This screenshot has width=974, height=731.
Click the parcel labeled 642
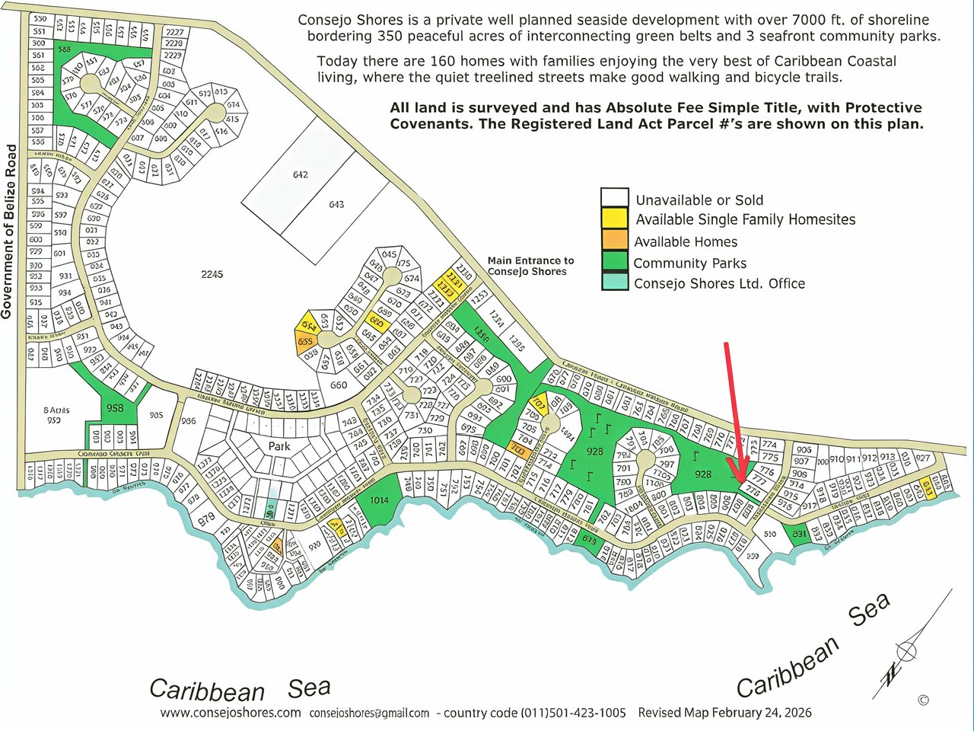click(300, 174)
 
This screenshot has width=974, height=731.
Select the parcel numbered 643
click(336, 204)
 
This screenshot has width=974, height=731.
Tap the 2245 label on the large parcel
click(212, 274)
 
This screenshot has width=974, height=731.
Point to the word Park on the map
click(280, 446)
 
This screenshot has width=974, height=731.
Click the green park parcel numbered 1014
click(378, 500)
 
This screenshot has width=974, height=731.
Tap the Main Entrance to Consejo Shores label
click(530, 266)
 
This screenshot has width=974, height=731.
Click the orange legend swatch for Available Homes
click(614, 241)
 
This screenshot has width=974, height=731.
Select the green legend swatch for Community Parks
click(614, 262)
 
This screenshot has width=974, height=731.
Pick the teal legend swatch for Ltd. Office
click(614, 283)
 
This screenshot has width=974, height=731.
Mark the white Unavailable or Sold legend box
click(614, 198)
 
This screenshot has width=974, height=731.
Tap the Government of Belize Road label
click(9, 231)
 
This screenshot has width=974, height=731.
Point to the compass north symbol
click(906, 651)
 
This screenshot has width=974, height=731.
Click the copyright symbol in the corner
click(923, 700)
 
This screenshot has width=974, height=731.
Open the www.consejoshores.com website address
click(231, 713)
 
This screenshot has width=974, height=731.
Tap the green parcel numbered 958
click(115, 408)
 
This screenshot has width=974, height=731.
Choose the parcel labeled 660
click(338, 385)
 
